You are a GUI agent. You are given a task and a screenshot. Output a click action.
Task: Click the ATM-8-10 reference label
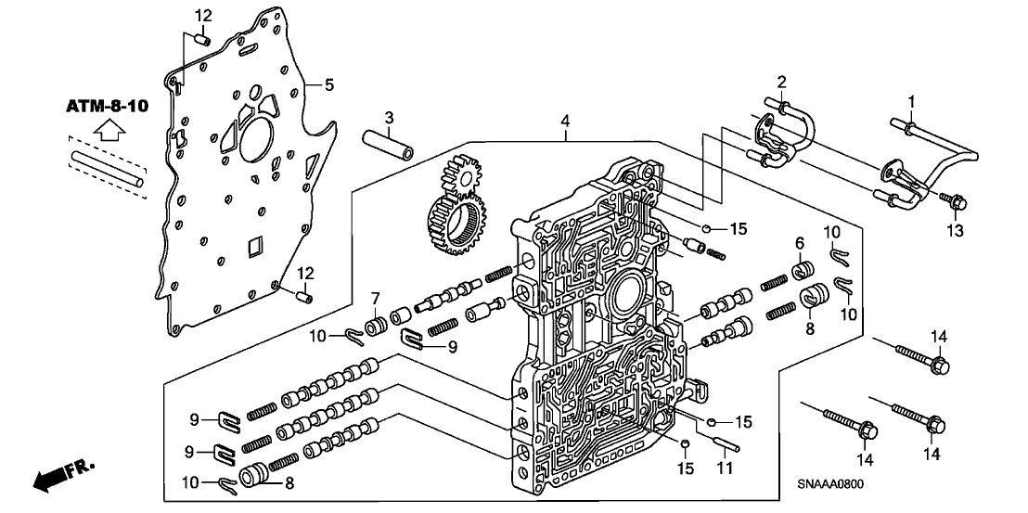(x=106, y=108)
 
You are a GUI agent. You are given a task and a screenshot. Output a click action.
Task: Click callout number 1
(x=911, y=100)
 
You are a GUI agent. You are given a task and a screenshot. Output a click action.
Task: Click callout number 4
(x=564, y=121)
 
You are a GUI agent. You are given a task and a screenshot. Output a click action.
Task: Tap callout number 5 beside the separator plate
(x=328, y=85)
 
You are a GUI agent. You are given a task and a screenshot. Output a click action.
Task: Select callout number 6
(x=797, y=243)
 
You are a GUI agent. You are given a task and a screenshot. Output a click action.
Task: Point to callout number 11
(x=725, y=469)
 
